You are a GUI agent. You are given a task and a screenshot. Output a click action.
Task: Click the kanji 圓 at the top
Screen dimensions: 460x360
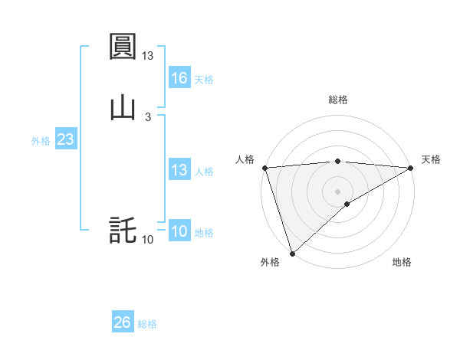[x=123, y=47]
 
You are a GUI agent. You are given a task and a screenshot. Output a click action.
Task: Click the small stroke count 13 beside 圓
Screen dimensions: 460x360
[x=148, y=56]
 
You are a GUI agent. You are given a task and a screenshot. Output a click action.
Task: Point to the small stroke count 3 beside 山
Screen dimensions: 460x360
[x=148, y=116]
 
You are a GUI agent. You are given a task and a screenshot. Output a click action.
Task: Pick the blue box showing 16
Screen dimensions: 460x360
[x=179, y=78]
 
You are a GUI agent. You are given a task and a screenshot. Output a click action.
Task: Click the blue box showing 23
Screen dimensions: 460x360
[x=65, y=140]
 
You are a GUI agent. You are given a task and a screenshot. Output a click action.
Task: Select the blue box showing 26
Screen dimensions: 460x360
[x=123, y=322]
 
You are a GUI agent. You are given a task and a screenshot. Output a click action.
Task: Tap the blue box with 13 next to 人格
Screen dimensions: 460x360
[x=179, y=170]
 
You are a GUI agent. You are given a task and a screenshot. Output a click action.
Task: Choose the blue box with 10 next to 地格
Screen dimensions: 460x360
[x=179, y=231]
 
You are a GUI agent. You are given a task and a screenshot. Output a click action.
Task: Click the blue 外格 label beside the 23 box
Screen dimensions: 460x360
[x=41, y=141]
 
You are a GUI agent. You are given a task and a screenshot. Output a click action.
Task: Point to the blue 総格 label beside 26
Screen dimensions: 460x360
[x=147, y=323]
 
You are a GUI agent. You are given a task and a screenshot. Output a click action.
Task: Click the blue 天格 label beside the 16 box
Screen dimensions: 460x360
[x=204, y=79]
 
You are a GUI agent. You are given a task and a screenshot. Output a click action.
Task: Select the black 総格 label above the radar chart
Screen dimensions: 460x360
[x=338, y=100]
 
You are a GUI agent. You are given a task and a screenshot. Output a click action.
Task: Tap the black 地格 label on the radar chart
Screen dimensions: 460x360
[x=402, y=263]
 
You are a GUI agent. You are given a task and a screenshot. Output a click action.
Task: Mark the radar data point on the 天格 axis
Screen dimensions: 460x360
[x=411, y=168]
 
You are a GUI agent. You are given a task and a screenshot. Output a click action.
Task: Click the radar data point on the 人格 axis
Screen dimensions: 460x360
[x=264, y=168]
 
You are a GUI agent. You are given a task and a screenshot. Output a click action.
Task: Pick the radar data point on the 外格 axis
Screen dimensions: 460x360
[x=292, y=253]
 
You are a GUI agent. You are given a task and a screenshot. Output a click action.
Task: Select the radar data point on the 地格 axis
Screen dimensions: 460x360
[x=347, y=204]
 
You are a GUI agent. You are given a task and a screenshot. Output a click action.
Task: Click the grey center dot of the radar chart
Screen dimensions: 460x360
[x=338, y=191]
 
